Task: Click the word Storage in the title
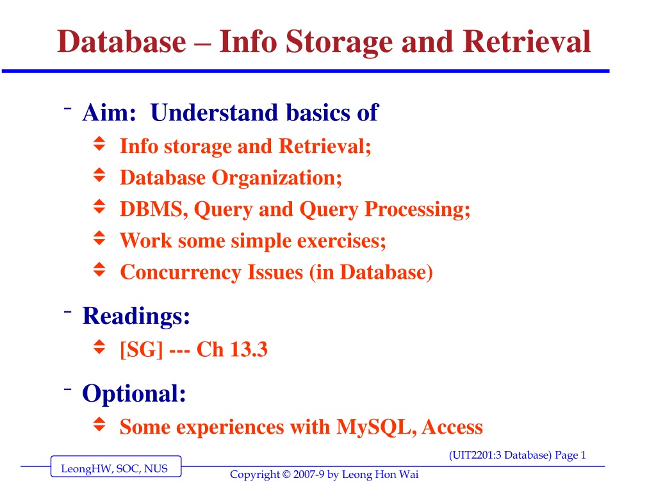[x=340, y=43]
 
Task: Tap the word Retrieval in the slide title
[x=527, y=42]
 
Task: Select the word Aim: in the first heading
[x=110, y=113]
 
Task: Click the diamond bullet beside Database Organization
[x=99, y=176]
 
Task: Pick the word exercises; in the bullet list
[x=341, y=241]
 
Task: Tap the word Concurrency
[x=181, y=273]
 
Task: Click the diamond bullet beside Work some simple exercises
[x=99, y=238]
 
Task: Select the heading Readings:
[x=136, y=316]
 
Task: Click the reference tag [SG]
[x=142, y=349]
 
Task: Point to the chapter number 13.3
[x=249, y=349]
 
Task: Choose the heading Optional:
[x=134, y=394]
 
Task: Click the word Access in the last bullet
[x=452, y=427]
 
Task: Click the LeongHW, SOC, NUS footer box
[x=116, y=466]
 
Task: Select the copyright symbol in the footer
[x=286, y=475]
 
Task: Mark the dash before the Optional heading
[x=68, y=389]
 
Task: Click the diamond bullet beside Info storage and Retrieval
[x=99, y=143]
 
